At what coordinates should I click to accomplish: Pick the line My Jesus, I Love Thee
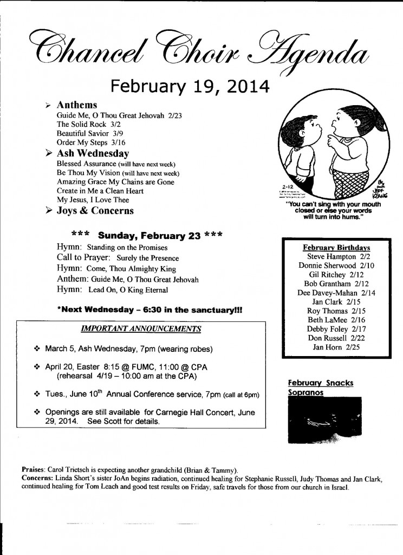[93, 200]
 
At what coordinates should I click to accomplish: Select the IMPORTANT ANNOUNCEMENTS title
[141, 329]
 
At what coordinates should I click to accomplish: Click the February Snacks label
[320, 383]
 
